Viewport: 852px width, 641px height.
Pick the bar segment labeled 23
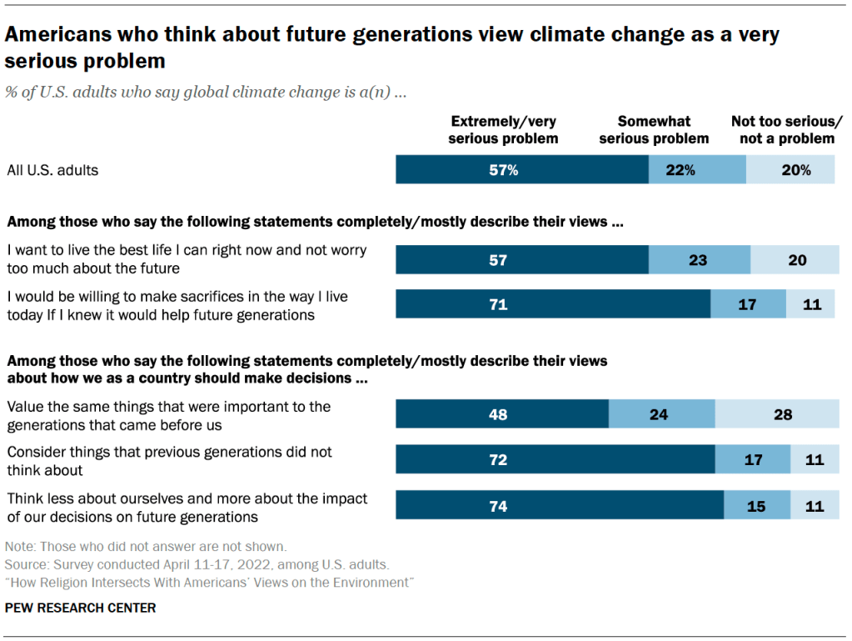(x=699, y=260)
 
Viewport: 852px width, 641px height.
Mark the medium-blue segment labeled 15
(x=757, y=505)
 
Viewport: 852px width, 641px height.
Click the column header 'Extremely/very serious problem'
(x=503, y=130)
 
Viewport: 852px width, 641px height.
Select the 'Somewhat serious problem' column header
(x=654, y=130)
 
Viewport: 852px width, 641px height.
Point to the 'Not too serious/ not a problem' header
(x=787, y=130)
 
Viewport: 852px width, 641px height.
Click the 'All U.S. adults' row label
(x=52, y=170)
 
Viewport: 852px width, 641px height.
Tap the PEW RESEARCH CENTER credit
(x=80, y=608)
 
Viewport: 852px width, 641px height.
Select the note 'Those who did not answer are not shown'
(x=146, y=547)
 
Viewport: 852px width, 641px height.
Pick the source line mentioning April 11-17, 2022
(x=197, y=564)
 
